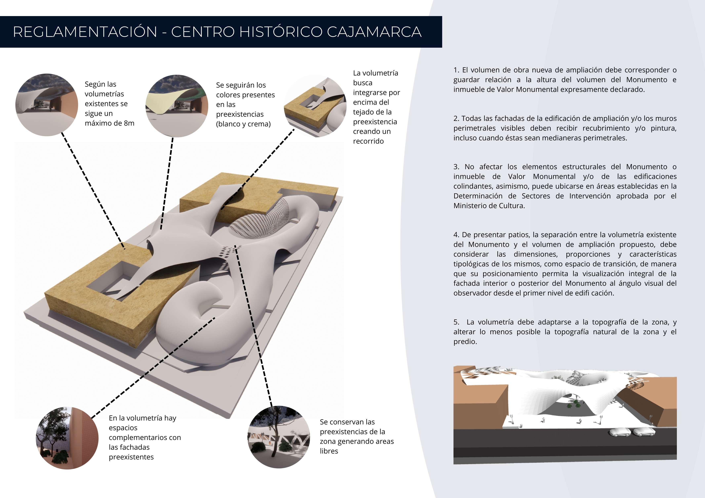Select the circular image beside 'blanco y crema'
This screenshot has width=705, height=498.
(177, 106)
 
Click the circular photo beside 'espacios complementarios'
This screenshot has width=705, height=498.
(67, 438)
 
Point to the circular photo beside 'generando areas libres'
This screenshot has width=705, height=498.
(279, 437)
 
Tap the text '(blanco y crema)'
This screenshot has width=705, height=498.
(243, 124)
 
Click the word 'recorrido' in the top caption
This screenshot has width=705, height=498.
(368, 141)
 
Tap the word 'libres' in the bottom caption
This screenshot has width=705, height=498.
(329, 451)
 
